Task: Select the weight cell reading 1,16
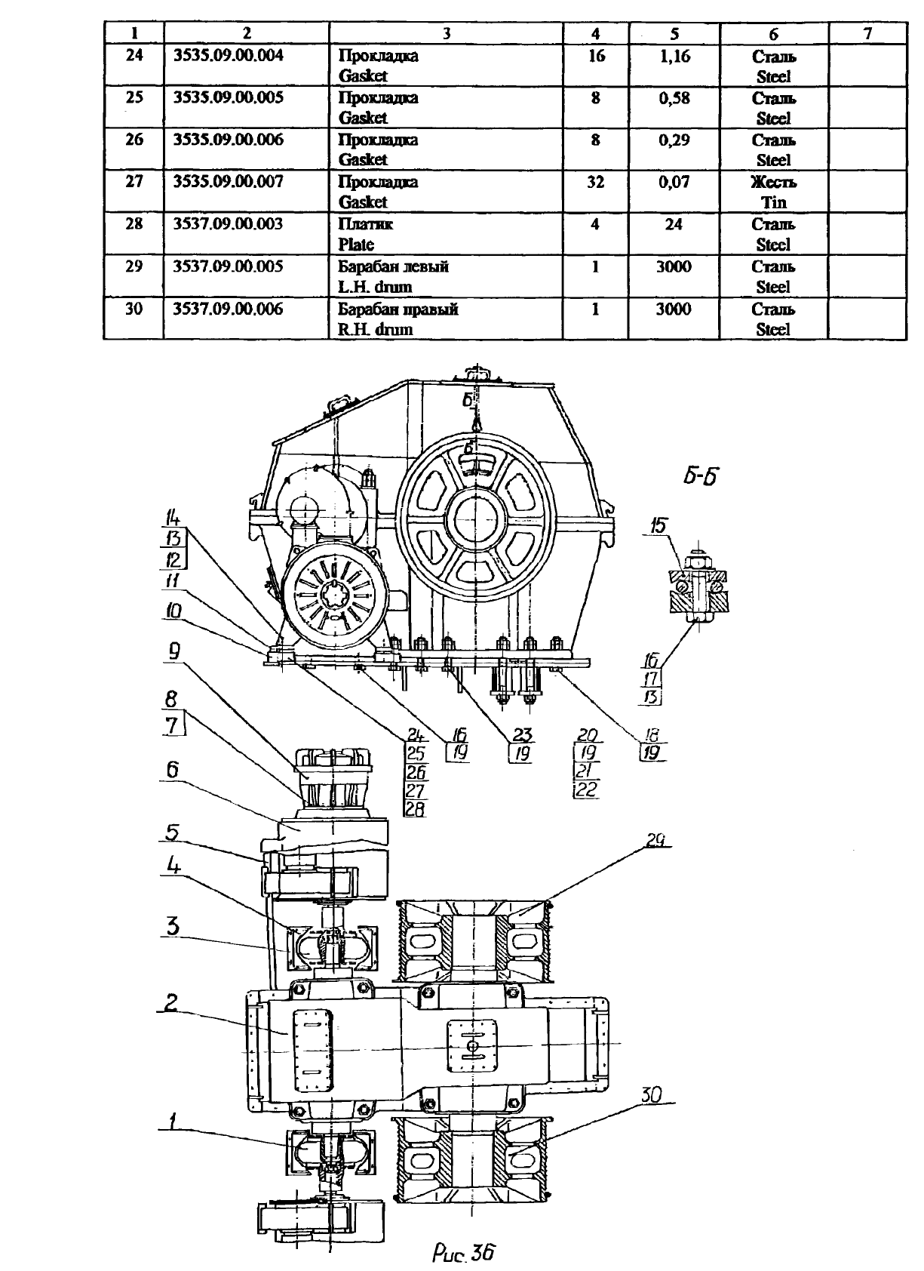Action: (x=675, y=56)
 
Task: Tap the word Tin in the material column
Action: (x=774, y=202)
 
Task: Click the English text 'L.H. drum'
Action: (x=375, y=287)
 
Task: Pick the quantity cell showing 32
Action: (x=596, y=182)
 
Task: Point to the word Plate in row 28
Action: (x=356, y=245)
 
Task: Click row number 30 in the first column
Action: (x=134, y=309)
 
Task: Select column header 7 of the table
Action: (x=867, y=34)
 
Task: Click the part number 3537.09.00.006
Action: (x=228, y=309)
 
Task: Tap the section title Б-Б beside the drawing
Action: (x=701, y=475)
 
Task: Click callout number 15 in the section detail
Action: (x=658, y=525)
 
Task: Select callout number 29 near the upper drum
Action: (x=655, y=839)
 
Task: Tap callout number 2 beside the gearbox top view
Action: (x=170, y=1002)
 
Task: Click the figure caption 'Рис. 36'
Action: (x=463, y=1252)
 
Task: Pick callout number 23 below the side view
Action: (x=522, y=735)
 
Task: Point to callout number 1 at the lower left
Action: (x=172, y=1121)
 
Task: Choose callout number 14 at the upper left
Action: (x=173, y=518)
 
